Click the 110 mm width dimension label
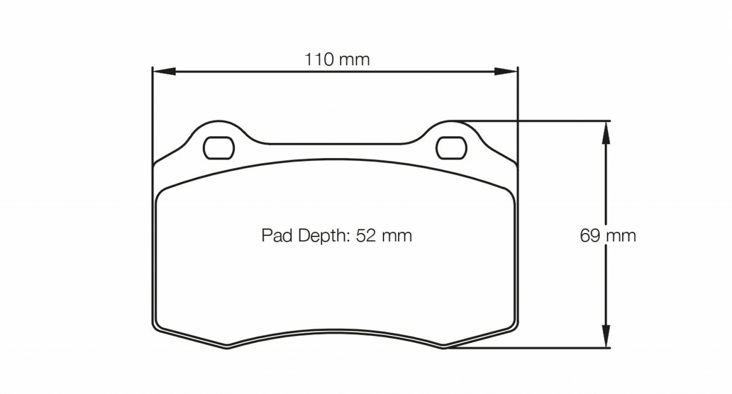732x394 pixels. [337, 60]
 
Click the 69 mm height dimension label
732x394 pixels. [607, 235]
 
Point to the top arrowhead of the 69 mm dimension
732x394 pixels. [605, 132]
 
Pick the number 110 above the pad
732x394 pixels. [319, 60]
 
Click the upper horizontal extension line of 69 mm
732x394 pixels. [532, 121]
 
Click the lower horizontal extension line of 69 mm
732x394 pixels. [532, 348]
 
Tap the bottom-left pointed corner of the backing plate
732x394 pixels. [227, 347]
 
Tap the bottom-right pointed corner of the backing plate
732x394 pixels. [444, 347]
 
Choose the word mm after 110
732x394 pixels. [355, 60]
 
